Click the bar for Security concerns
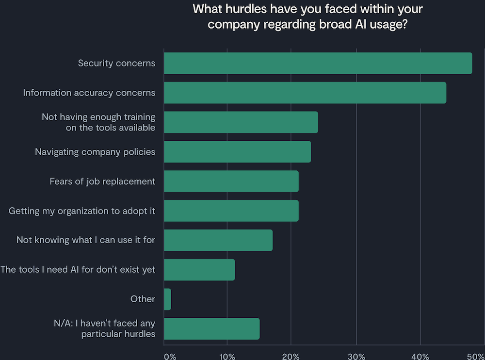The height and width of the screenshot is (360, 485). [x=318, y=63]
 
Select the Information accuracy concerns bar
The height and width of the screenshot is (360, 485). [x=305, y=93]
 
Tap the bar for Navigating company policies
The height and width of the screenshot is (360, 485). [x=237, y=152]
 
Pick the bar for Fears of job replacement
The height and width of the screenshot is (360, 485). [x=231, y=181]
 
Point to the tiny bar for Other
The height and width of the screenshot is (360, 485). [x=167, y=299]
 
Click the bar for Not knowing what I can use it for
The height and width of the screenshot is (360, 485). [x=218, y=240]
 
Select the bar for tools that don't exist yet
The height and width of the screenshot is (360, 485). [x=199, y=270]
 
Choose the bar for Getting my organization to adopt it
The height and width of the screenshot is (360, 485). [x=231, y=211]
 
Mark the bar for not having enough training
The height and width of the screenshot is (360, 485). [x=241, y=122]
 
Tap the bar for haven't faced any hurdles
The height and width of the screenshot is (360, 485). [x=211, y=329]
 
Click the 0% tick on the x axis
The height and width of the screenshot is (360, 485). [x=170, y=356]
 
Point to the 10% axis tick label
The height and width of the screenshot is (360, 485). [x=227, y=356]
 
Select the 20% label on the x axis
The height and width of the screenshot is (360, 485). [x=291, y=356]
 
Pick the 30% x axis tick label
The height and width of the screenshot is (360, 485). [x=356, y=356]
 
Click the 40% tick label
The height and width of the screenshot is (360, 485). [x=420, y=356]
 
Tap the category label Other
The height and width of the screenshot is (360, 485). [x=143, y=299]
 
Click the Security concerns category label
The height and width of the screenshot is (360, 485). [x=116, y=63]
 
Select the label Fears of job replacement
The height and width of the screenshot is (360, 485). [x=102, y=181]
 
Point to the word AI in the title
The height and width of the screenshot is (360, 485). [x=355, y=24]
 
